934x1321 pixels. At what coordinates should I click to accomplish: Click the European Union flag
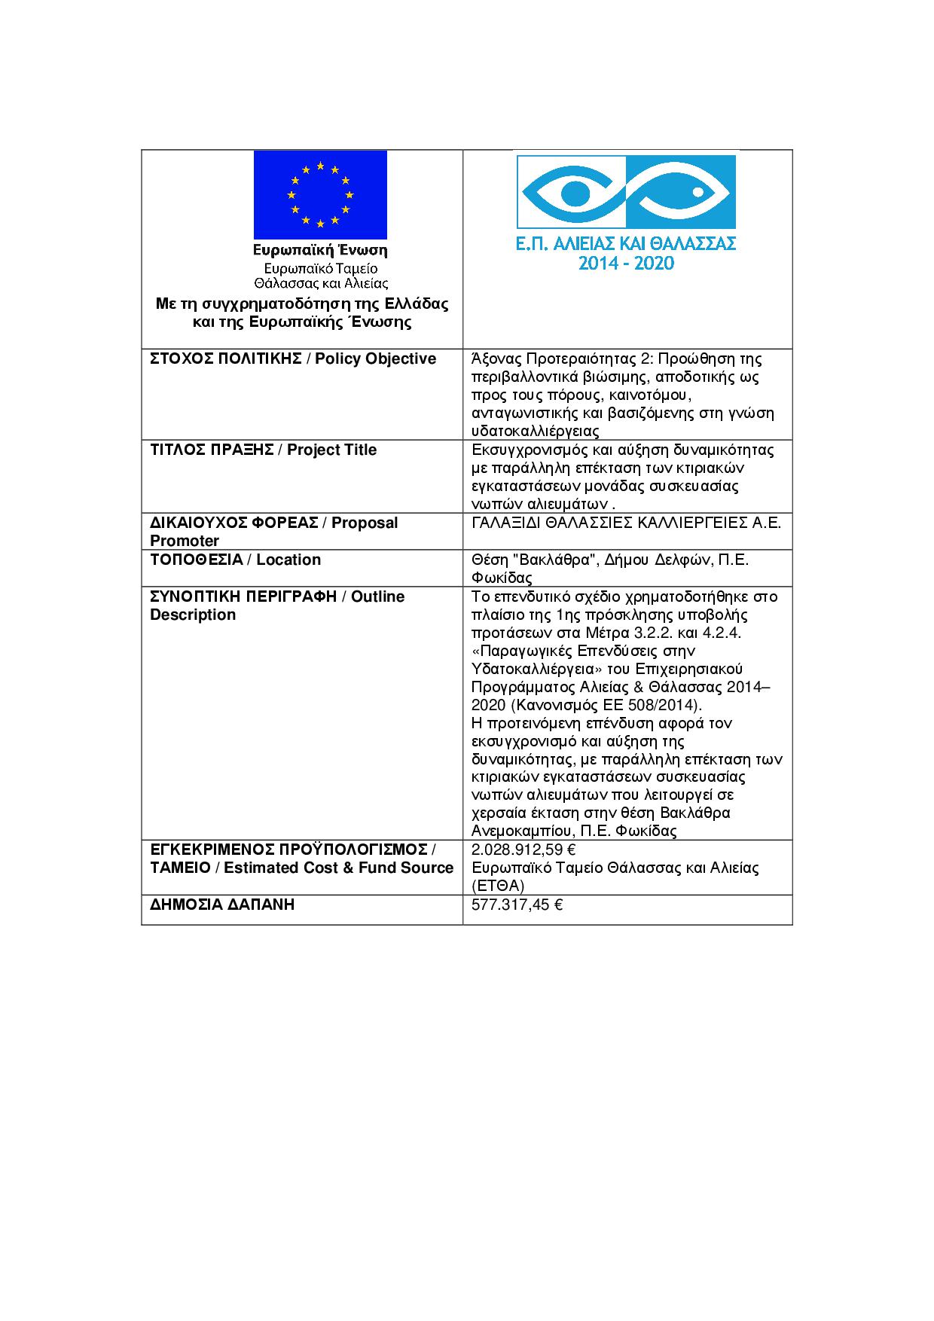coord(320,194)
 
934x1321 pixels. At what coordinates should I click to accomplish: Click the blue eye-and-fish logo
coord(625,192)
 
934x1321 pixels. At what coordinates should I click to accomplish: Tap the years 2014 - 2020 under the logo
coord(626,264)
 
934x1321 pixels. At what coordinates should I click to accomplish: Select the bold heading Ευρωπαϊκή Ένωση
coord(320,250)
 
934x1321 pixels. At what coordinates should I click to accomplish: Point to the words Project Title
coord(331,450)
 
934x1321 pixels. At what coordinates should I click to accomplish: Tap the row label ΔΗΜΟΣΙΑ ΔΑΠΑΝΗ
coord(222,905)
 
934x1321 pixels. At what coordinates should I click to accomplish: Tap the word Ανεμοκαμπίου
coord(520,831)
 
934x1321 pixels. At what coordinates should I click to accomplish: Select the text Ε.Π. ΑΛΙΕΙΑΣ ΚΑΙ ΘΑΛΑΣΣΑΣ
coord(626,243)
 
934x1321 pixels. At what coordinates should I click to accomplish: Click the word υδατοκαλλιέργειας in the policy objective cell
coord(535,432)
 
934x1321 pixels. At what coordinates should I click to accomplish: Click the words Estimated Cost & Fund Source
coord(338,868)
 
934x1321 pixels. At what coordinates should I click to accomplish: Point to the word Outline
coord(378,596)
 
